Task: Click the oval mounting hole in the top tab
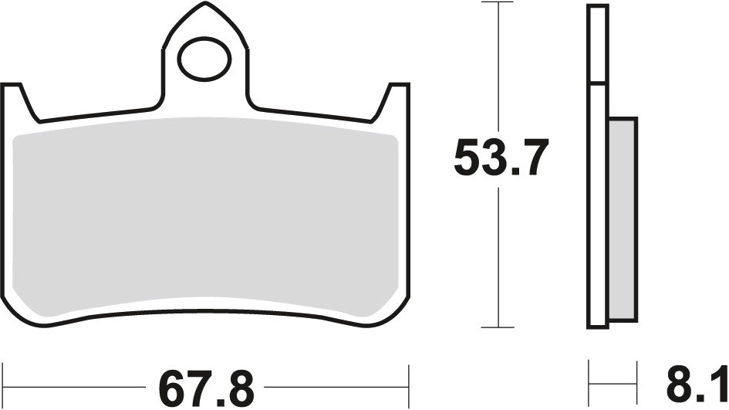coord(205,59)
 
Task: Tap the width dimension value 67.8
coord(204,385)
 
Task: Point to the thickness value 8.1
coord(694,385)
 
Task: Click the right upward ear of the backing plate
coord(396,100)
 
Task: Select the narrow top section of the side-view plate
coord(598,43)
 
